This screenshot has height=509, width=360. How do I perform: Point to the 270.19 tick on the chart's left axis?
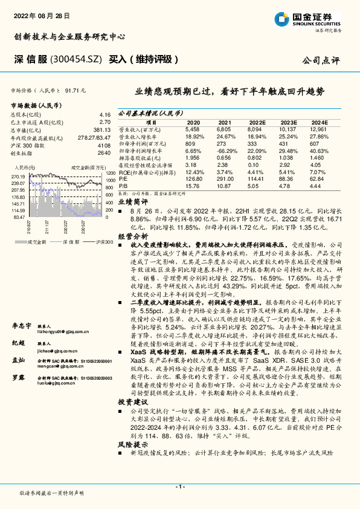pos(18,175)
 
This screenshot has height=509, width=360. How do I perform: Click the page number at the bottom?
pos(179,487)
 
